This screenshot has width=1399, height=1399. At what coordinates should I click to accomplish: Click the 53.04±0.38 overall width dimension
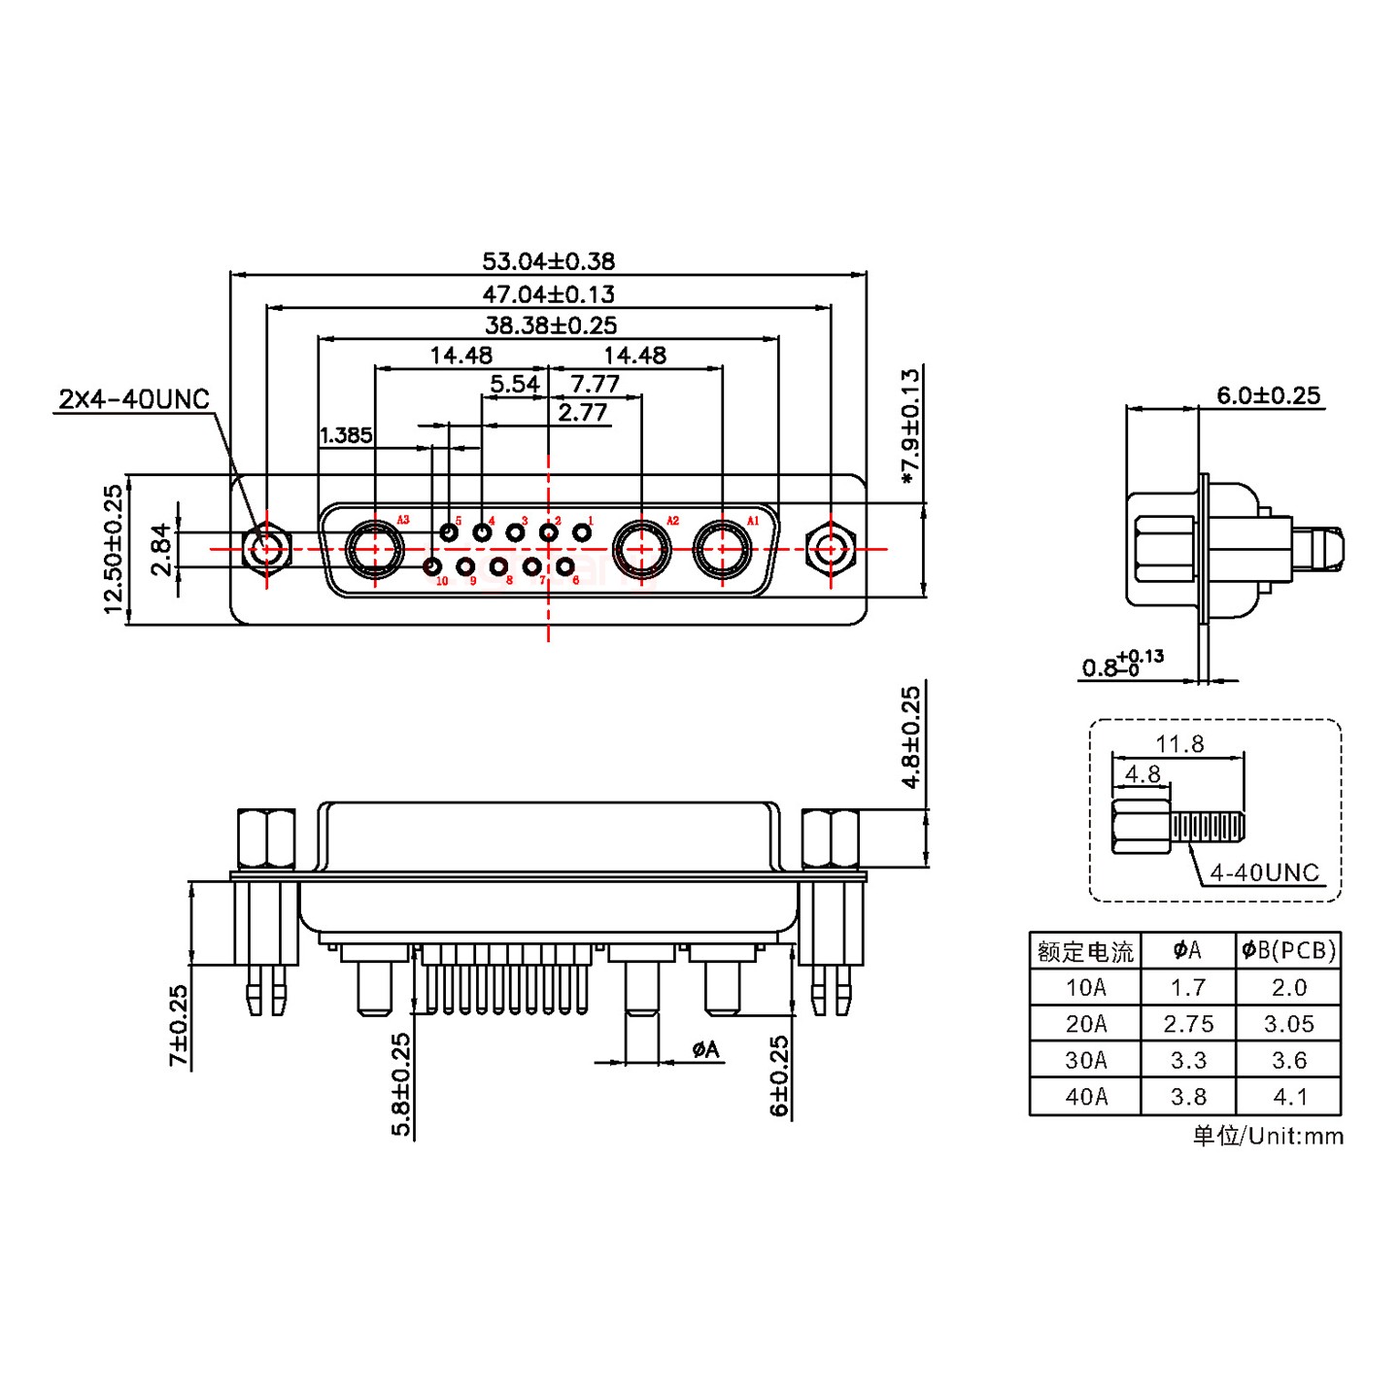tap(548, 261)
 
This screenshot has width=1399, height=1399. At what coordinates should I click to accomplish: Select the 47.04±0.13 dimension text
tap(548, 293)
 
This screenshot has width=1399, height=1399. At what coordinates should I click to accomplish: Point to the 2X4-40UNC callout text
tap(134, 399)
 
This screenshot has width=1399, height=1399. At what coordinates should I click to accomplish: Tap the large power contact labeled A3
tap(375, 549)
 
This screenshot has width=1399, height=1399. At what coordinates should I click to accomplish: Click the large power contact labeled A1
tap(722, 549)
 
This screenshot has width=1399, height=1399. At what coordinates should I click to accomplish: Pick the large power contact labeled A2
tap(640, 549)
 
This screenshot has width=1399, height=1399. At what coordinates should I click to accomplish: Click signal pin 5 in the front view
tap(449, 532)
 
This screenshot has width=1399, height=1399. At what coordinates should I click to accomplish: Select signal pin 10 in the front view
tap(432, 566)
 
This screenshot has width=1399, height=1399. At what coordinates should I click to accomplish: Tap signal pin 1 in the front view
tap(582, 532)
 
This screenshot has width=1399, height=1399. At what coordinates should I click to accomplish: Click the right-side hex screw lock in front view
tap(829, 549)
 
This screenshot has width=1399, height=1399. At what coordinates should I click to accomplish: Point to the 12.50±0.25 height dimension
tap(115, 549)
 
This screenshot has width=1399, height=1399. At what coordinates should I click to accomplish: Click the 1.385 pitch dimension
tap(346, 436)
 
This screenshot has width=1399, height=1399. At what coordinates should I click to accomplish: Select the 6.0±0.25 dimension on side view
tap(1268, 395)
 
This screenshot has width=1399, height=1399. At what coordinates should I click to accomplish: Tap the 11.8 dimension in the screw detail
tap(1178, 744)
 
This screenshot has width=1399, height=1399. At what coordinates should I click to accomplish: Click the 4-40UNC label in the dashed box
tap(1264, 872)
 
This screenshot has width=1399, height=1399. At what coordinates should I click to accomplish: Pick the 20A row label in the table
tap(1085, 1024)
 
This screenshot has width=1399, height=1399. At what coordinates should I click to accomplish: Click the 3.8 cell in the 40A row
tap(1188, 1097)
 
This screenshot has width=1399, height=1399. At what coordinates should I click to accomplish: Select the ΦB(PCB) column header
tap(1288, 950)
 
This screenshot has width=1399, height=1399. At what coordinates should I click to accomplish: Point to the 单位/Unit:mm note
tap(1268, 1136)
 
